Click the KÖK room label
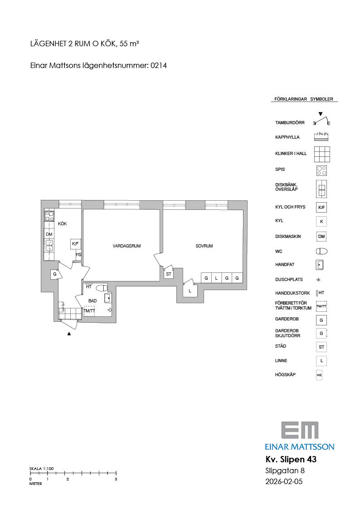point(62,223)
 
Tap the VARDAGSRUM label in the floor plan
point(126,246)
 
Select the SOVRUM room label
point(204,246)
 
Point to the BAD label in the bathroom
point(92,301)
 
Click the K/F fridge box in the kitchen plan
point(75,244)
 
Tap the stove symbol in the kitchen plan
point(49,216)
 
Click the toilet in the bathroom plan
point(102,288)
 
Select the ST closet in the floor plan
point(169,274)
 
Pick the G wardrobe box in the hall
point(55,274)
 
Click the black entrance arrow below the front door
point(69,334)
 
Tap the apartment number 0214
point(159,65)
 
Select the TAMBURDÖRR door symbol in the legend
point(322,120)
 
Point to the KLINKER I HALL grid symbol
point(322,154)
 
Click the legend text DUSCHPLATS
point(289,280)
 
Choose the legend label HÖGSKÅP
point(285,374)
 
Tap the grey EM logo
point(300,431)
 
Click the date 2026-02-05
point(284,481)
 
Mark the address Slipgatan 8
point(285,470)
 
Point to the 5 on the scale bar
point(116,479)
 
